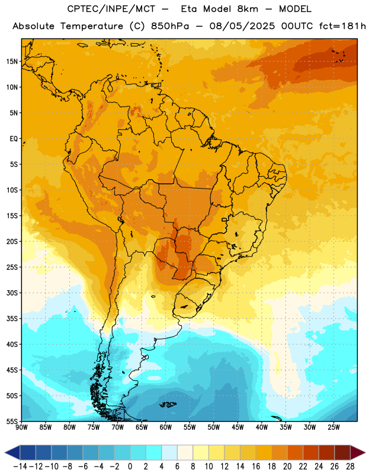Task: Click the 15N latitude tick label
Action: [x=12, y=61]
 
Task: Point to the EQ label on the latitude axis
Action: [x=14, y=139]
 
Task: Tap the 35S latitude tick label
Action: [x=12, y=319]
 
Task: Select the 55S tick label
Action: [x=12, y=421]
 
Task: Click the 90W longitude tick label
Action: [x=21, y=427]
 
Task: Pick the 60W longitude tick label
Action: [x=166, y=427]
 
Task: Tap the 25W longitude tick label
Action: [x=333, y=427]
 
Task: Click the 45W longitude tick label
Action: [x=237, y=427]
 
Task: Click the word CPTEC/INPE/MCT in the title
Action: [x=111, y=9]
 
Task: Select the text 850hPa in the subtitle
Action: [x=170, y=26]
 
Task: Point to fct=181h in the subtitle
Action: [x=342, y=26]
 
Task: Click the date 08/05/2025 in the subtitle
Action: [x=242, y=26]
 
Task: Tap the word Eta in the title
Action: [x=189, y=9]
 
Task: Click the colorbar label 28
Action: [x=350, y=466]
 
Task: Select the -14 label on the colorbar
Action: [x=20, y=466]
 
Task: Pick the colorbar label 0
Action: [x=130, y=466]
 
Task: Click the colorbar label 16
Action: [x=256, y=466]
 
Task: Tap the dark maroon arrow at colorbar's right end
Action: [x=357, y=452]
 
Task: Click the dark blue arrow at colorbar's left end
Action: [x=12, y=452]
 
